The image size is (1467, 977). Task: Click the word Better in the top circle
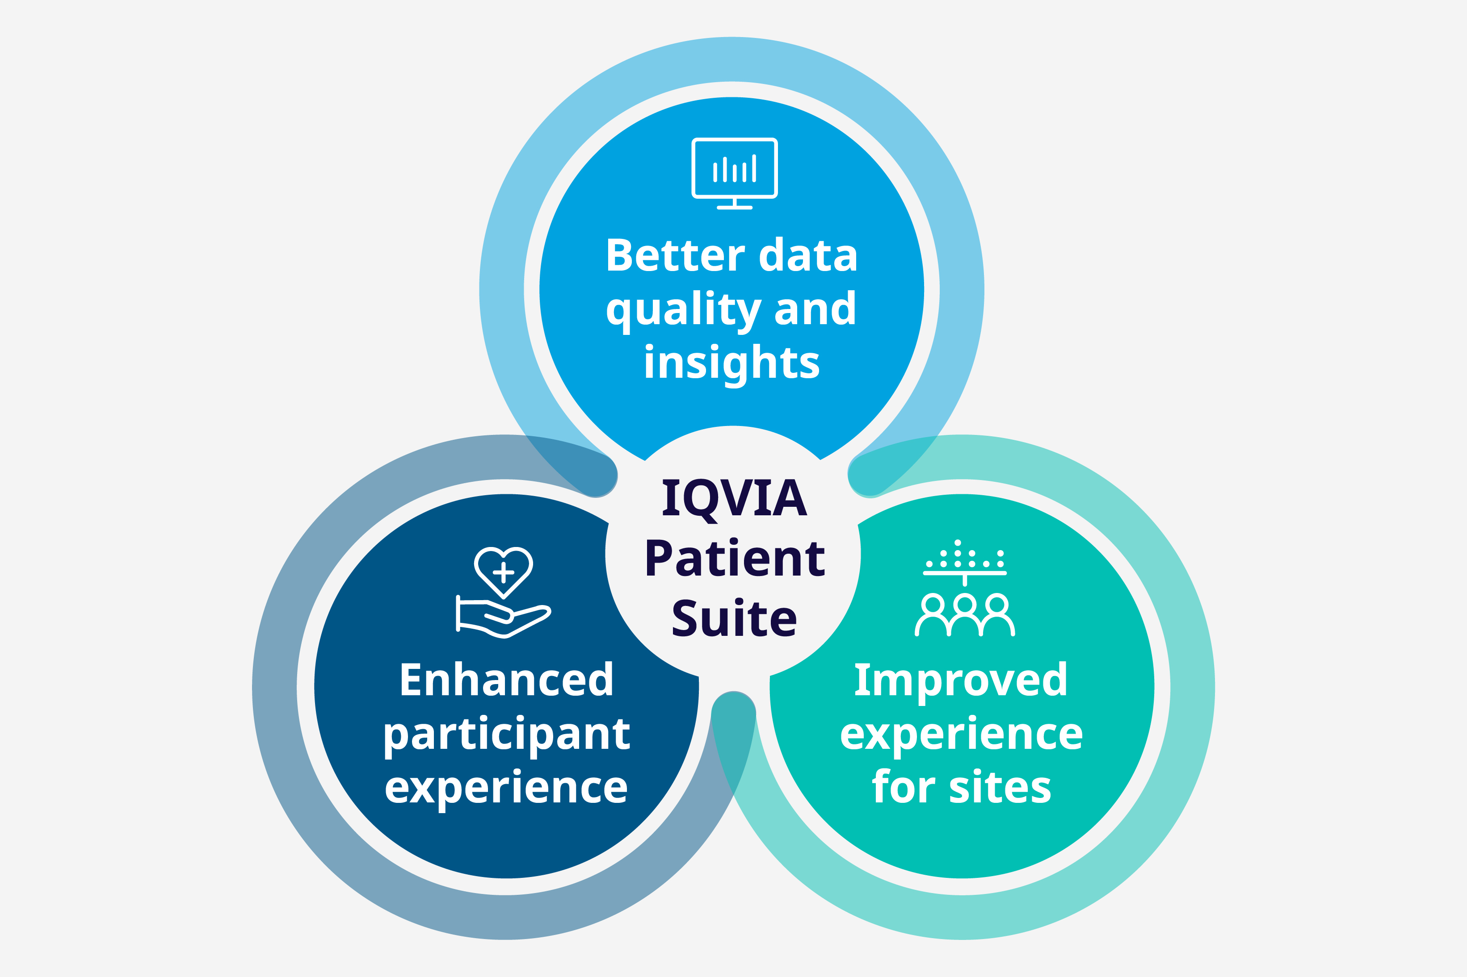coord(675,255)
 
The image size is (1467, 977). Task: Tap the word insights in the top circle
coord(732,364)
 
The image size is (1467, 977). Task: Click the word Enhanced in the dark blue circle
coord(506,679)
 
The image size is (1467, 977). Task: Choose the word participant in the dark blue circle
coord(506,736)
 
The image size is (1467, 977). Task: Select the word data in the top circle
coord(808,255)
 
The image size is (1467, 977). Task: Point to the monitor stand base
coord(735,208)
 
